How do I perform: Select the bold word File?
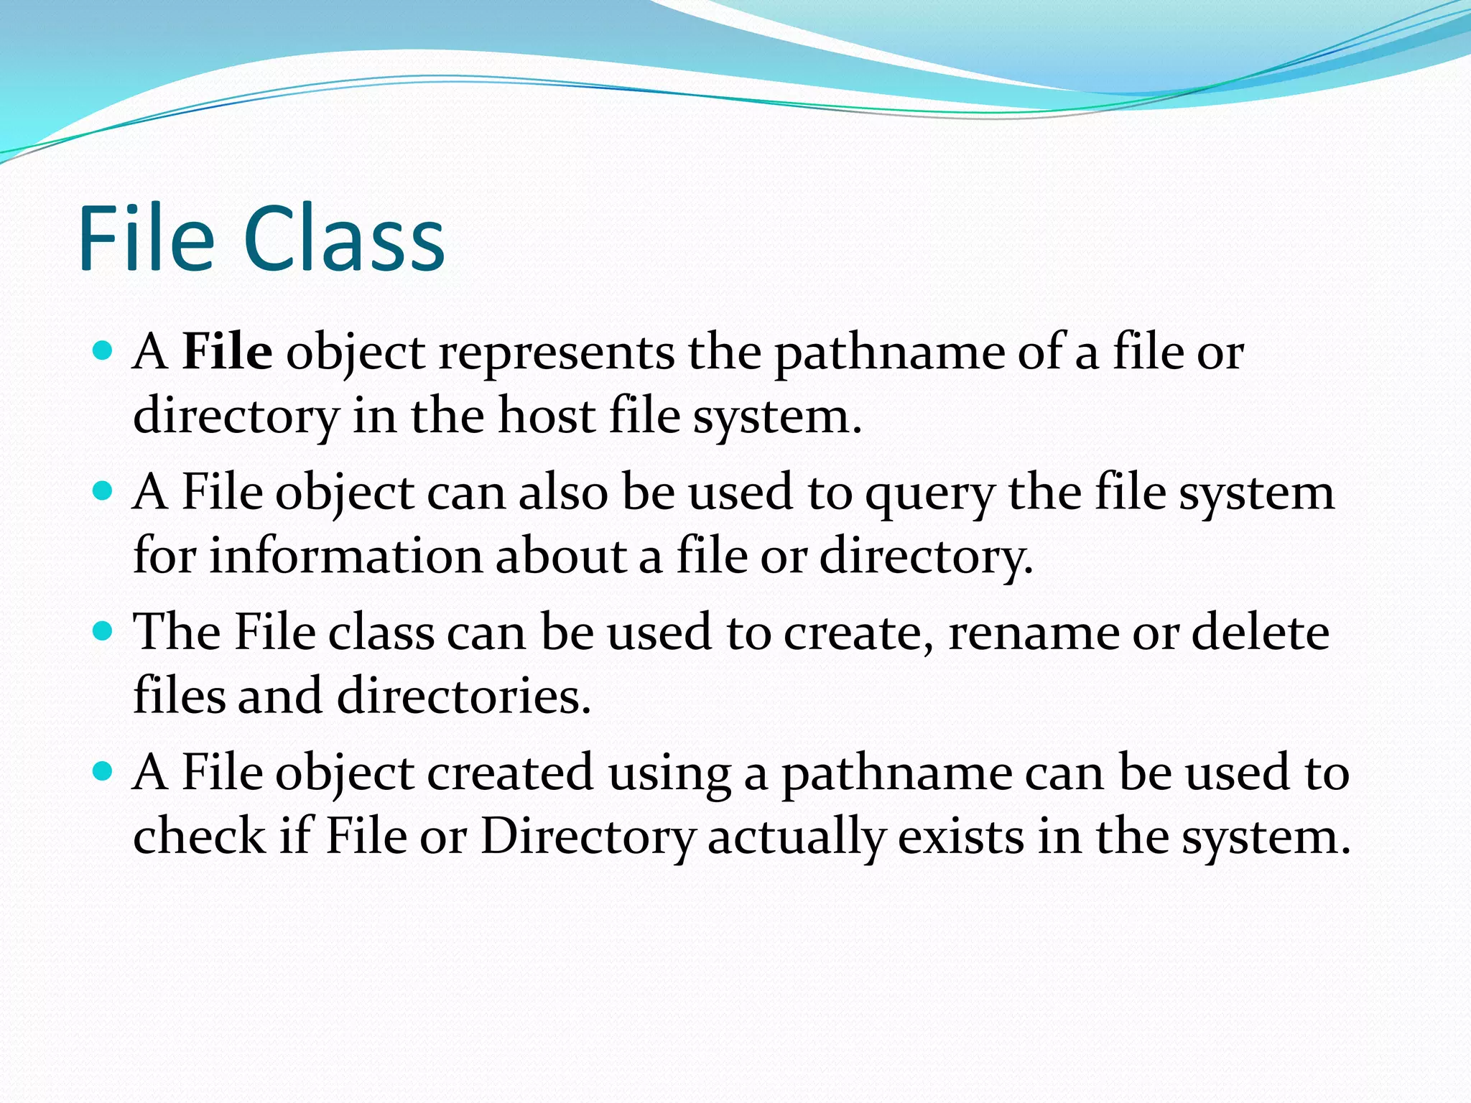[x=227, y=352]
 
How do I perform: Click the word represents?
[x=557, y=353]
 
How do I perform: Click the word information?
[x=345, y=556]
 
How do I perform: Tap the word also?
[x=564, y=493]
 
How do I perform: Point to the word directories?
[x=463, y=696]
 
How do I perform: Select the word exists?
[x=960, y=836]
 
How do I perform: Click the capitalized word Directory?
[x=588, y=837]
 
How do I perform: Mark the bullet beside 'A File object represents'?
[x=103, y=350]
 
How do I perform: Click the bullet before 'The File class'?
[x=103, y=631]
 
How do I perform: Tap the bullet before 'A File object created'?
[x=103, y=771]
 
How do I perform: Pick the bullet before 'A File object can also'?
[x=103, y=491]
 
